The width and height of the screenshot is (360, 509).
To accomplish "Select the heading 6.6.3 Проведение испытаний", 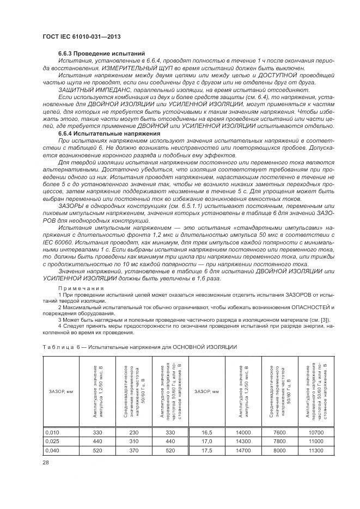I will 101,54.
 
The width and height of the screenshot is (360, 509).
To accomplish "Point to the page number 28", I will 45,462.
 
